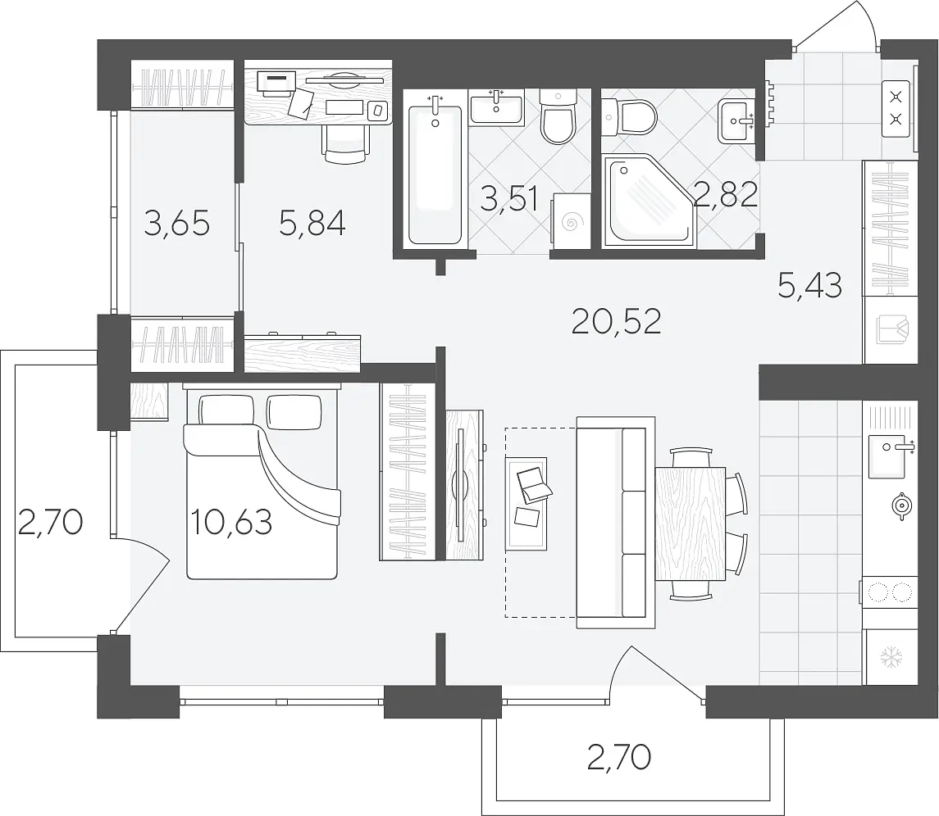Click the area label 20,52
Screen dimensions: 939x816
click(x=616, y=322)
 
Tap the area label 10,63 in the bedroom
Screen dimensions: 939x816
click(x=232, y=522)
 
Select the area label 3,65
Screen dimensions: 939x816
click(x=177, y=224)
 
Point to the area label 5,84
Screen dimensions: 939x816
click(x=312, y=224)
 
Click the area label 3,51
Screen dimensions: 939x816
click(x=509, y=198)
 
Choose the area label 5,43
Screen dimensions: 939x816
click(x=810, y=285)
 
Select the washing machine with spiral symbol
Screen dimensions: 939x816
click(x=571, y=223)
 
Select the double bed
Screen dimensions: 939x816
click(x=262, y=483)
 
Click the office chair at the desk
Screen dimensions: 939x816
click(x=345, y=143)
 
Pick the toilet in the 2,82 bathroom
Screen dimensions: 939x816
click(x=630, y=116)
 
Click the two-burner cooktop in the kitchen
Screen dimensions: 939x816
click(x=890, y=592)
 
